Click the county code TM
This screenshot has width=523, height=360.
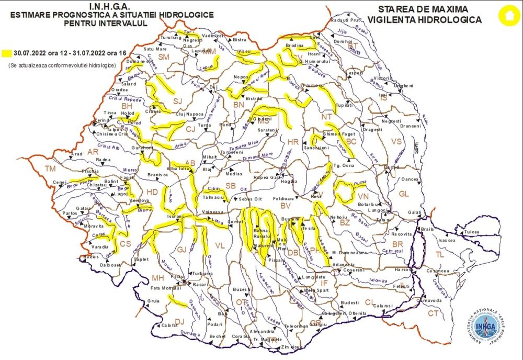click(50, 168)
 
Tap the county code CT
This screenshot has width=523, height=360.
click(433, 313)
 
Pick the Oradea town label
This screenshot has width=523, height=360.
click(119, 89)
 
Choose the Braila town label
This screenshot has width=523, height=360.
click(427, 230)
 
